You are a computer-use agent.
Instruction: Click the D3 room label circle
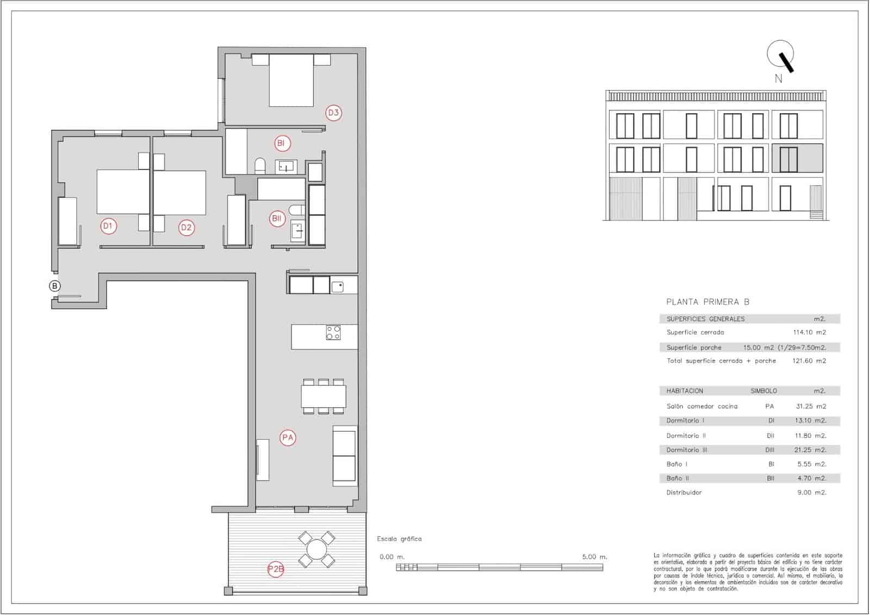(x=333, y=113)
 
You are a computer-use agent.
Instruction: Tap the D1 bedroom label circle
(x=109, y=226)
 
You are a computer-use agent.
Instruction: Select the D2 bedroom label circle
(x=187, y=227)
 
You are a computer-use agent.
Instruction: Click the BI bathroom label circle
(x=282, y=144)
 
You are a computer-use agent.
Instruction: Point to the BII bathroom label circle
(x=277, y=219)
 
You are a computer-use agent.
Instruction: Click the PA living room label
(x=288, y=438)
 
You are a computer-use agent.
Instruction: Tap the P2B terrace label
(x=276, y=570)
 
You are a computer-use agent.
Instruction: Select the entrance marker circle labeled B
(x=54, y=286)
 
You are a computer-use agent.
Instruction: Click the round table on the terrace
(x=316, y=549)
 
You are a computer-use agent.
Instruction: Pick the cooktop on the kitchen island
(x=333, y=333)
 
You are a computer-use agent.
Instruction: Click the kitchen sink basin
(x=337, y=286)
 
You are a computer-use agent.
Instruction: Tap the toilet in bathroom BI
(x=260, y=165)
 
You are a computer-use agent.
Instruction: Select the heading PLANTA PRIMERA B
(x=707, y=302)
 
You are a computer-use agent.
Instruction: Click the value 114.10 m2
(x=809, y=333)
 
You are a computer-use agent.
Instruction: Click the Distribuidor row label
(x=684, y=493)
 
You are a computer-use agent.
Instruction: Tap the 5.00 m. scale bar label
(x=594, y=557)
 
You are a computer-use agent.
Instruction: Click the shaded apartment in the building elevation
(x=797, y=158)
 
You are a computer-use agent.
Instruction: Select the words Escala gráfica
(x=399, y=539)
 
